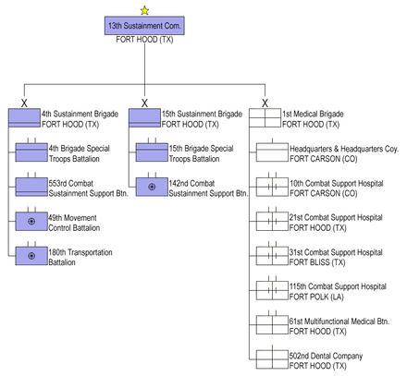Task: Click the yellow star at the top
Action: click(144, 11)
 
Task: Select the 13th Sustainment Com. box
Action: click(144, 26)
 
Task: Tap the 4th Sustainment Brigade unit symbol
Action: click(24, 117)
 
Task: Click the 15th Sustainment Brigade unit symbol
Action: click(144, 117)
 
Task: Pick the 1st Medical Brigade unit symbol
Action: click(265, 117)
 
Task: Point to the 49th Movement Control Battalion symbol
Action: click(31, 221)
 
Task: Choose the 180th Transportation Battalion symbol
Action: click(31, 256)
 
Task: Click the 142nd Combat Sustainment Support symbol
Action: click(152, 187)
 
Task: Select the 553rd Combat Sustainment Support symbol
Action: click(31, 187)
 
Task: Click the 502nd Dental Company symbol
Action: click(272, 359)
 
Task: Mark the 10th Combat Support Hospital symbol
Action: click(272, 187)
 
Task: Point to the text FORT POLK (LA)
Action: click(316, 297)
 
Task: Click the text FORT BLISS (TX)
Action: click(317, 262)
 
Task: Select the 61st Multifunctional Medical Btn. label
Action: click(339, 321)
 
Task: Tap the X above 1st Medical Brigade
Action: click(265, 103)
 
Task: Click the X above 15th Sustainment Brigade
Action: click(144, 103)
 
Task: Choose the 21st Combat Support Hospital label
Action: click(336, 218)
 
